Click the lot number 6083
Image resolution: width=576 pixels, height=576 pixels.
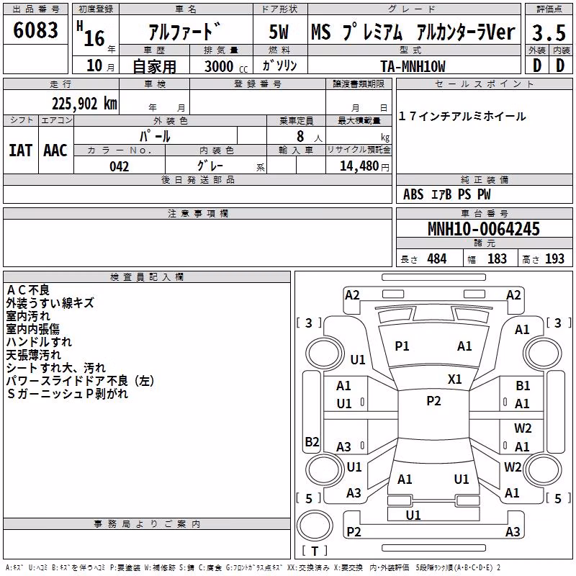pos(35,30)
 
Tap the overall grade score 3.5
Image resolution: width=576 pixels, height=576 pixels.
pos(549,32)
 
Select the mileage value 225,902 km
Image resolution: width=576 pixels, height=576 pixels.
pos(84,104)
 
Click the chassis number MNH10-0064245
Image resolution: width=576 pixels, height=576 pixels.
pos(483,228)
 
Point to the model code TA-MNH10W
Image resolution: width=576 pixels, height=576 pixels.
pos(413,66)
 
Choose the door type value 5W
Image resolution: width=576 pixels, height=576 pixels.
pos(279,32)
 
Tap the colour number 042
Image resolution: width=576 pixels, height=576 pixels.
pos(119,166)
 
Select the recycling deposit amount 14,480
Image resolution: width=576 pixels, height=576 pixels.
pos(359,166)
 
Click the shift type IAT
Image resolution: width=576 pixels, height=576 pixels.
pos(20,150)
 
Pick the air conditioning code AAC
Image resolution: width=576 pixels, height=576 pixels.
pos(55,150)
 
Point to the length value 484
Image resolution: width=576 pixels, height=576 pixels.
pos(437,258)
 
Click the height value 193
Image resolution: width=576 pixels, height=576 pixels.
pos(554,258)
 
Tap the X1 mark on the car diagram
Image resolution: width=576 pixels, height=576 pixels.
pos(454,379)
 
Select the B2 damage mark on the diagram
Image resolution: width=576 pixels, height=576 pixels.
pos(312,441)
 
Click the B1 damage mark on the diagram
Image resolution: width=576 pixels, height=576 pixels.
pos(523,386)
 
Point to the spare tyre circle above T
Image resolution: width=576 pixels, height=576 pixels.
pos(315,526)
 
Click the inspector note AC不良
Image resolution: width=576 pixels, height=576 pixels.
pos(28,290)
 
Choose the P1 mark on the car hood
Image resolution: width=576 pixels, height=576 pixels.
pos(402,346)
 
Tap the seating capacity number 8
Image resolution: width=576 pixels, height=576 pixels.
pos(300,136)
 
